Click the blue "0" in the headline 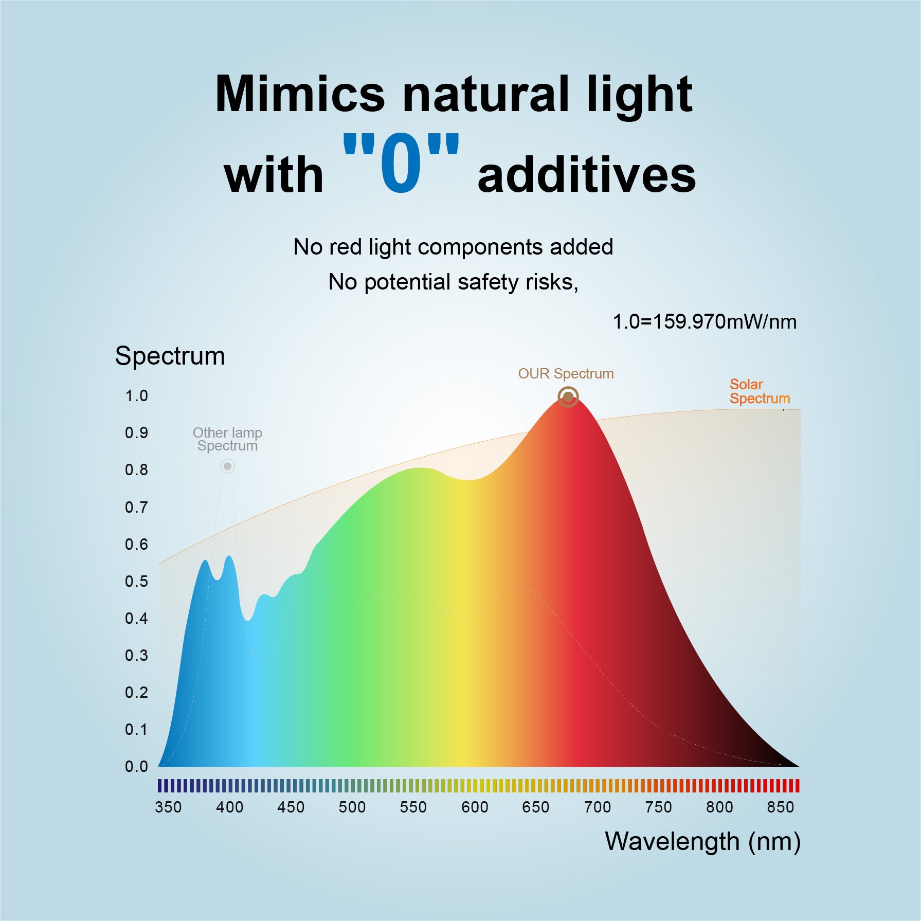coord(401,164)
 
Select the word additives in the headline coord(586,175)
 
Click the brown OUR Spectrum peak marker coord(568,397)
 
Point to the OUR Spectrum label coord(566,374)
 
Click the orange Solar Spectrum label coord(759,391)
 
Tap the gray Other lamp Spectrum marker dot coord(227,466)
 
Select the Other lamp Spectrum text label coord(227,439)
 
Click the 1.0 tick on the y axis coord(136,396)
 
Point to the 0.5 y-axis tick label coord(136,582)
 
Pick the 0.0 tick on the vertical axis coord(136,767)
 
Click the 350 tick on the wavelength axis coord(168,807)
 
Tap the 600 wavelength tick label coord(475,807)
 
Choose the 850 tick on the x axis coord(781,807)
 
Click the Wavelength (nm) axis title coord(702,842)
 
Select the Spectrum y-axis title coord(170,356)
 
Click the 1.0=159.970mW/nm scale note coord(705,322)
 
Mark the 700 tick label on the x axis coord(597,807)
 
